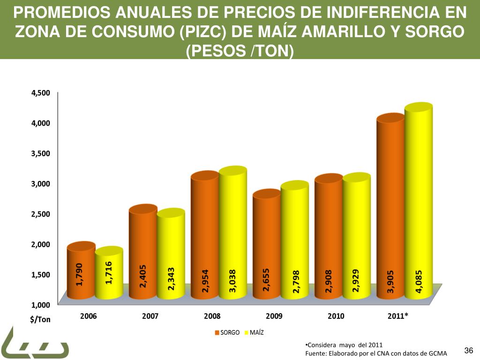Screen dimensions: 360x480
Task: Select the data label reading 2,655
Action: pyautogui.click(x=266, y=280)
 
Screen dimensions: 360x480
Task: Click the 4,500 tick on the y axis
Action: pyautogui.click(x=40, y=93)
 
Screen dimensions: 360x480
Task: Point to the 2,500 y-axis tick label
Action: pyautogui.click(x=40, y=214)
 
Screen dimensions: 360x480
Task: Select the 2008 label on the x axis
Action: pyautogui.click(x=212, y=316)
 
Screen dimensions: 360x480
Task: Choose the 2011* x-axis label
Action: pyautogui.click(x=398, y=316)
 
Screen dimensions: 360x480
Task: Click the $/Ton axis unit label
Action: pyautogui.click(x=41, y=320)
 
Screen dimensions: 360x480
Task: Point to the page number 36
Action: pyautogui.click(x=468, y=351)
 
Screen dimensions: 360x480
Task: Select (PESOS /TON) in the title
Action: pyautogui.click(x=240, y=49)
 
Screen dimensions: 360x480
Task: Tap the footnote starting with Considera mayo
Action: pyautogui.click(x=343, y=345)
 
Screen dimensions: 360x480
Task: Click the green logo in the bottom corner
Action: pyautogui.click(x=33, y=345)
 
